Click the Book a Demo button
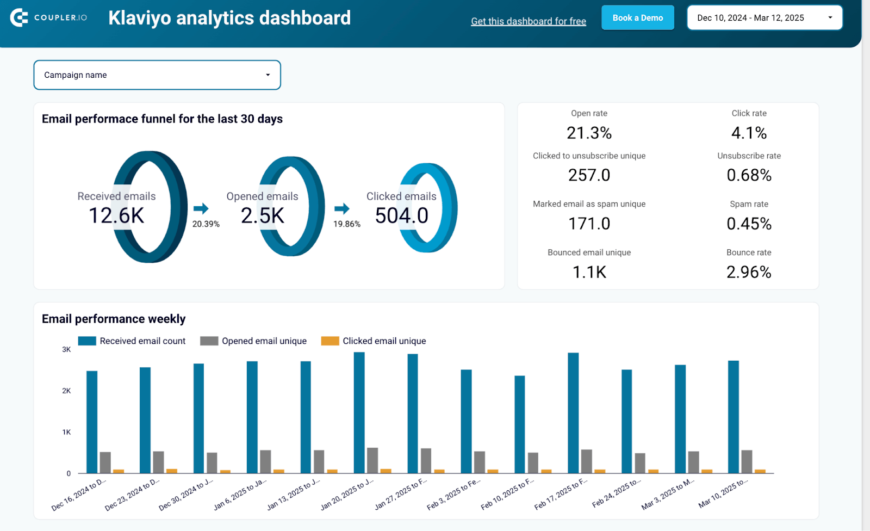click(637, 18)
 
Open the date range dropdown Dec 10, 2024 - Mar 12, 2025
click(765, 18)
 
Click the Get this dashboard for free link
click(528, 21)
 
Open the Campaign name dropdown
click(157, 75)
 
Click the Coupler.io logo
click(48, 18)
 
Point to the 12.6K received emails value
click(116, 216)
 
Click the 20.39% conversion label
click(206, 224)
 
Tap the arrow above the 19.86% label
click(341, 208)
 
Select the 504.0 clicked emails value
click(402, 216)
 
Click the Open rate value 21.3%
click(589, 133)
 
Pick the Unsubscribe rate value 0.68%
click(749, 175)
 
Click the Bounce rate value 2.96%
click(749, 272)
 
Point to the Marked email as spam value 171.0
click(589, 224)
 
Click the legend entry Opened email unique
click(264, 341)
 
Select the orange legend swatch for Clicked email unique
click(330, 341)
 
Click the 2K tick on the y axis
click(66, 391)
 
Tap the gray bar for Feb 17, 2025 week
click(586, 461)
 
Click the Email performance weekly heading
click(114, 319)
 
